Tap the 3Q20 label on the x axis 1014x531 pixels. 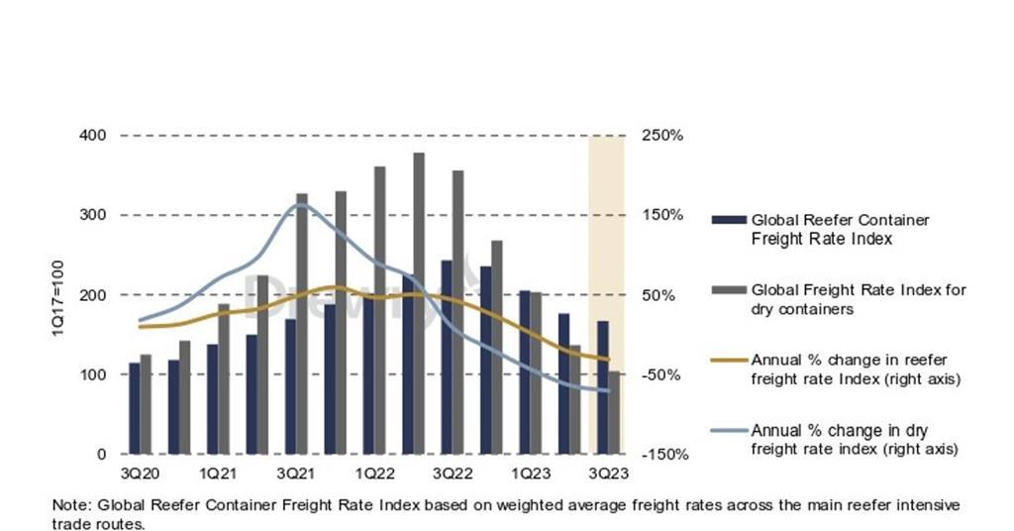(138, 474)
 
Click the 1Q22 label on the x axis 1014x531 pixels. (376, 474)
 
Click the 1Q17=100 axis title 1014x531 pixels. (58, 296)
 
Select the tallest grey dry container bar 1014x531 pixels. (419, 303)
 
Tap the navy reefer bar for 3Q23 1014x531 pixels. (602, 387)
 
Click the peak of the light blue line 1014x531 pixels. (302, 205)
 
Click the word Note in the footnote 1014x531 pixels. (69, 505)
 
